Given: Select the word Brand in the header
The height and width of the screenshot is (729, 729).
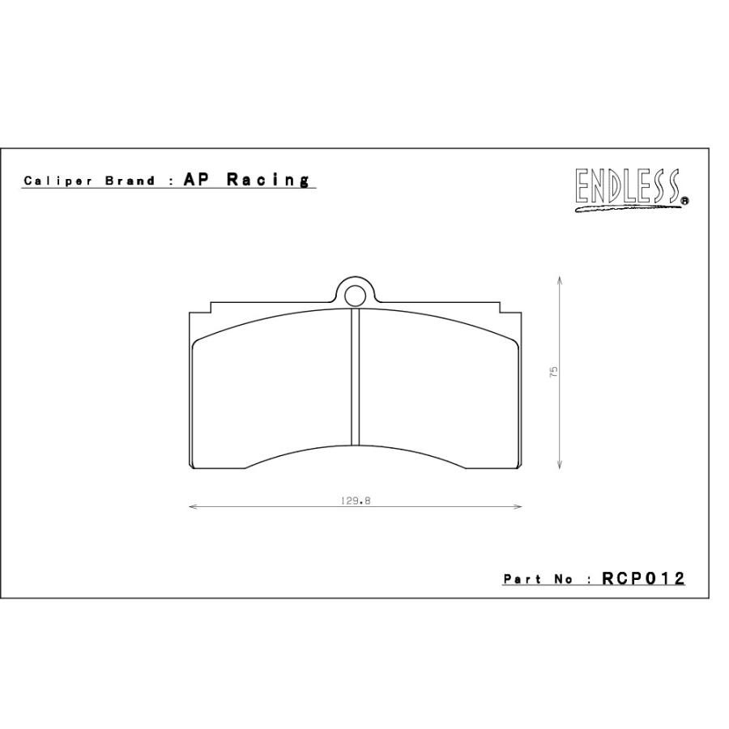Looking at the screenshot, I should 130,181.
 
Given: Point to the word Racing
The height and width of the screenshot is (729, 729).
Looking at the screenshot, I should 267,180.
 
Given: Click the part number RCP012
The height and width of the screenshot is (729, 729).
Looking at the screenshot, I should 644,578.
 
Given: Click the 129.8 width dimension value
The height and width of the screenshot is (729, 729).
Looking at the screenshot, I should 355,501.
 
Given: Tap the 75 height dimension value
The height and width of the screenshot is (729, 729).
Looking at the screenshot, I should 553,373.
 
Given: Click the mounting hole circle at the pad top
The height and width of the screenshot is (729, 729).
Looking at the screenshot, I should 355,295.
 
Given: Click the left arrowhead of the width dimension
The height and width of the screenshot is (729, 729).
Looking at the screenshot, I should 193,507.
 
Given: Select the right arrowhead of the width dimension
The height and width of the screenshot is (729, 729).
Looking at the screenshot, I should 518,507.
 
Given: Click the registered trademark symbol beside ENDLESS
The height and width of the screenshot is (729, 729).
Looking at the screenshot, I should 684,203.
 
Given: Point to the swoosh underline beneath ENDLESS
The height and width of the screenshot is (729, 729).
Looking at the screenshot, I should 628,207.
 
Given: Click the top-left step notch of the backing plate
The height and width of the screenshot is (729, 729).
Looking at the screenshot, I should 210,309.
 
